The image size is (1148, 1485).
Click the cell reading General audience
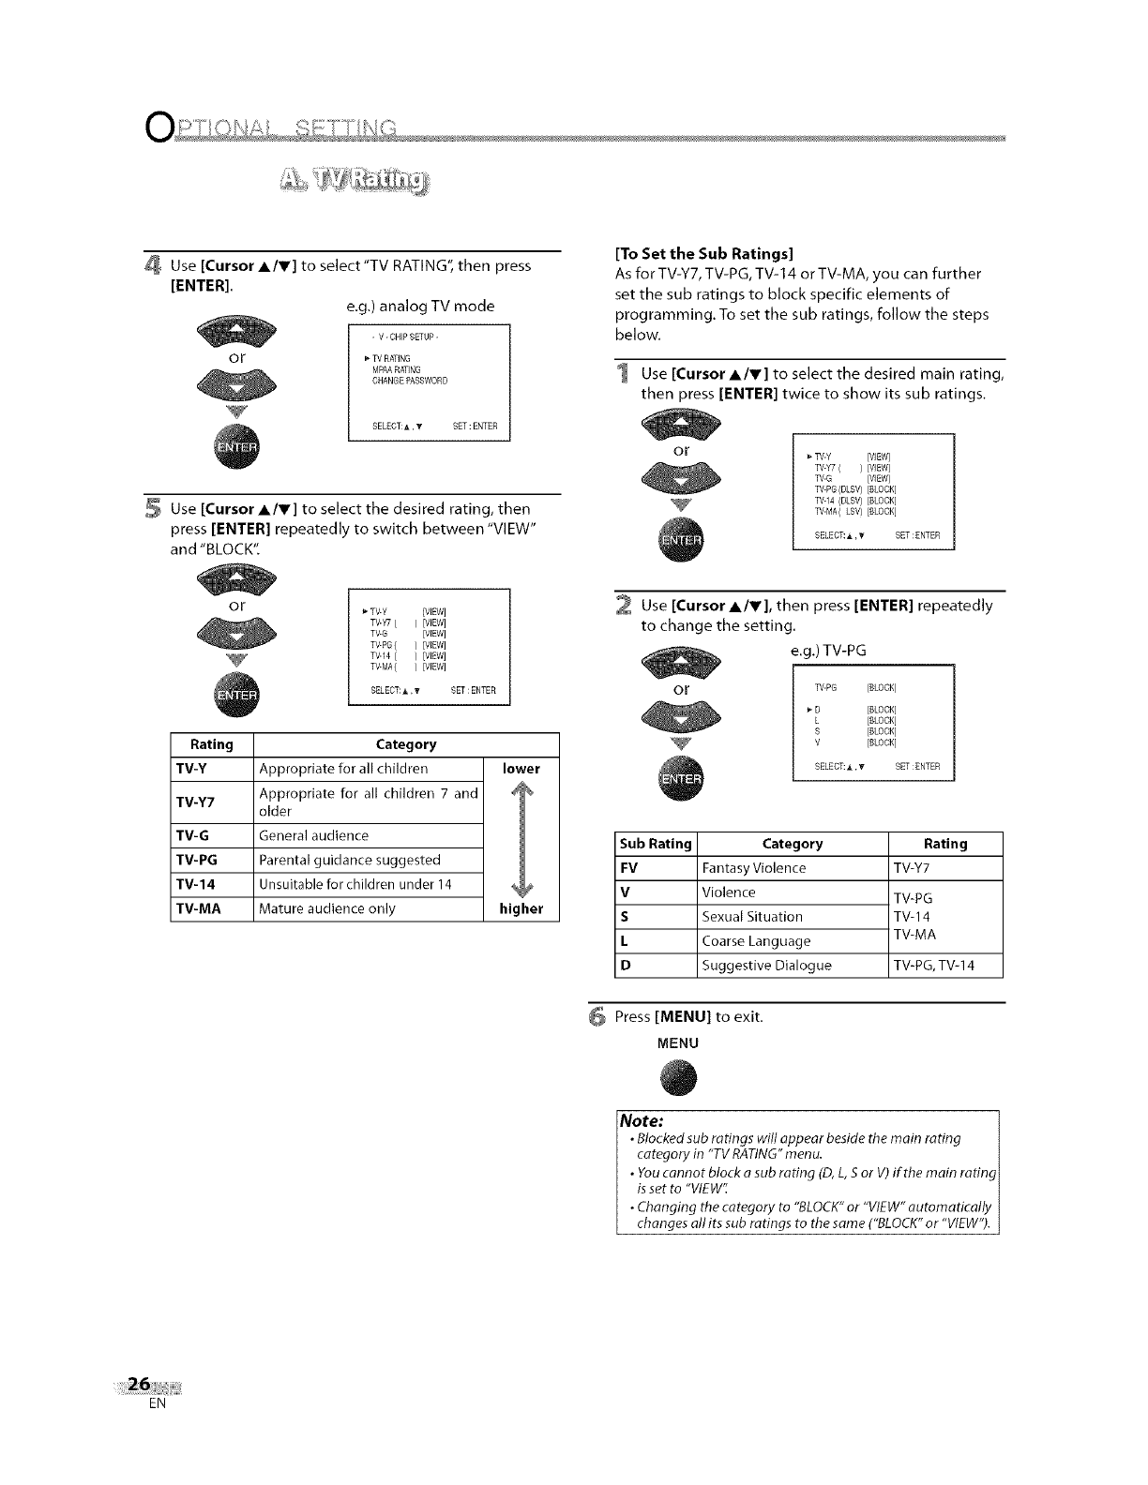[314, 835]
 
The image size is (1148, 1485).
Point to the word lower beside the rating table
[521, 769]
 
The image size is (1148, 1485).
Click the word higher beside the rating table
[521, 908]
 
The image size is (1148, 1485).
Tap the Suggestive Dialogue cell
[766, 965]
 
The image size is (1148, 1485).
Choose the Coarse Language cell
[756, 940]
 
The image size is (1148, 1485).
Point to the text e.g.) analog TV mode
[419, 306]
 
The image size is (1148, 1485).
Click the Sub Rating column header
[656, 844]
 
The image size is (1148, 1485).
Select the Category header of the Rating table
[405, 744]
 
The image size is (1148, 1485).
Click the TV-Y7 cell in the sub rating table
[911, 868]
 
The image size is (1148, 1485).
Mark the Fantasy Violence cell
[753, 868]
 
